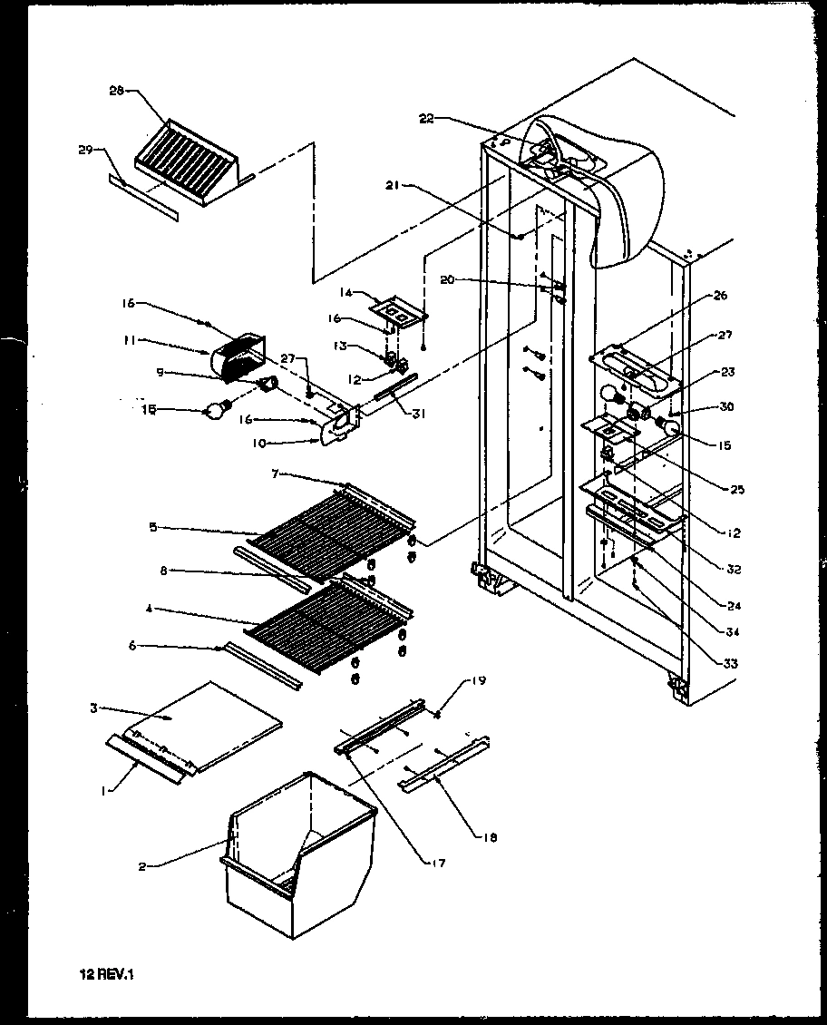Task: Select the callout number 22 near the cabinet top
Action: [427, 119]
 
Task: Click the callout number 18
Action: [490, 838]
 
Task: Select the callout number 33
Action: [730, 664]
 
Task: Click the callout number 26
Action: [720, 296]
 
